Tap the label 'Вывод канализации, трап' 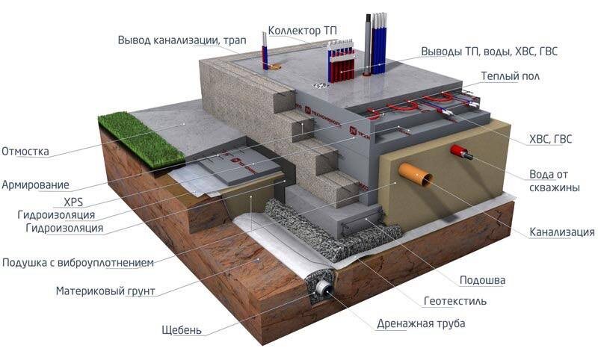tap(176, 40)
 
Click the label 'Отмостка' tap(25, 152)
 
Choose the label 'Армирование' tap(35, 184)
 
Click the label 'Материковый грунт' tap(105, 291)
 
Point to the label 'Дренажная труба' tap(421, 323)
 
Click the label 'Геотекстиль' tap(454, 302)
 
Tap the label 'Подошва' tap(482, 280)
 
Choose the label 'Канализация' tap(561, 232)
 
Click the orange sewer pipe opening tap(416, 173)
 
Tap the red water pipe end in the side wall tap(457, 152)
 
